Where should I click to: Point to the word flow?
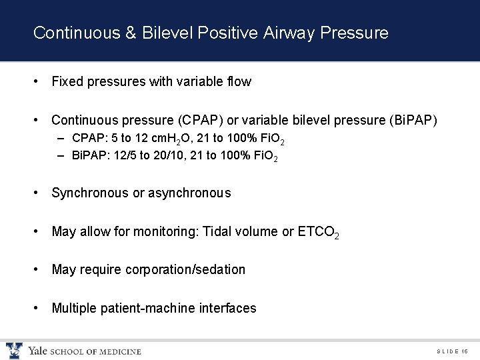(x=239, y=82)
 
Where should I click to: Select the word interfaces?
(x=228, y=308)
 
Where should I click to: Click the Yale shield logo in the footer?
(x=14, y=350)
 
